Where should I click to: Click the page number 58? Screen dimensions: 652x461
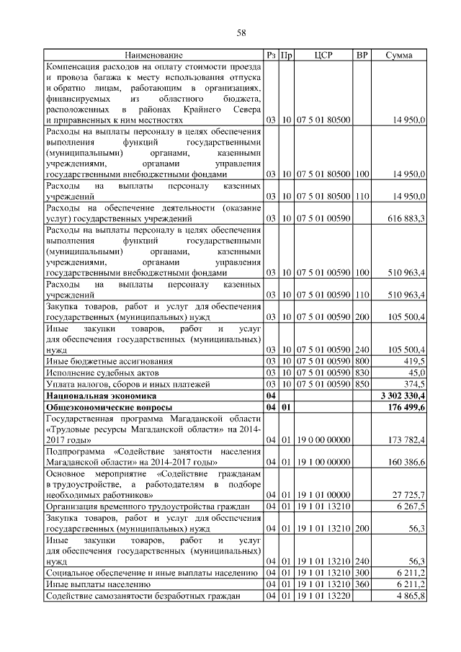242,33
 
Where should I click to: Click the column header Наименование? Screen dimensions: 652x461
153,55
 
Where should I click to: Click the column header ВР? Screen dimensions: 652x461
362,55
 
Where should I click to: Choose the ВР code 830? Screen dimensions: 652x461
362,372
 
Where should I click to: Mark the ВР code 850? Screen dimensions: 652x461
362,384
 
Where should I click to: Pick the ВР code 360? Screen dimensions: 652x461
362,585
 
